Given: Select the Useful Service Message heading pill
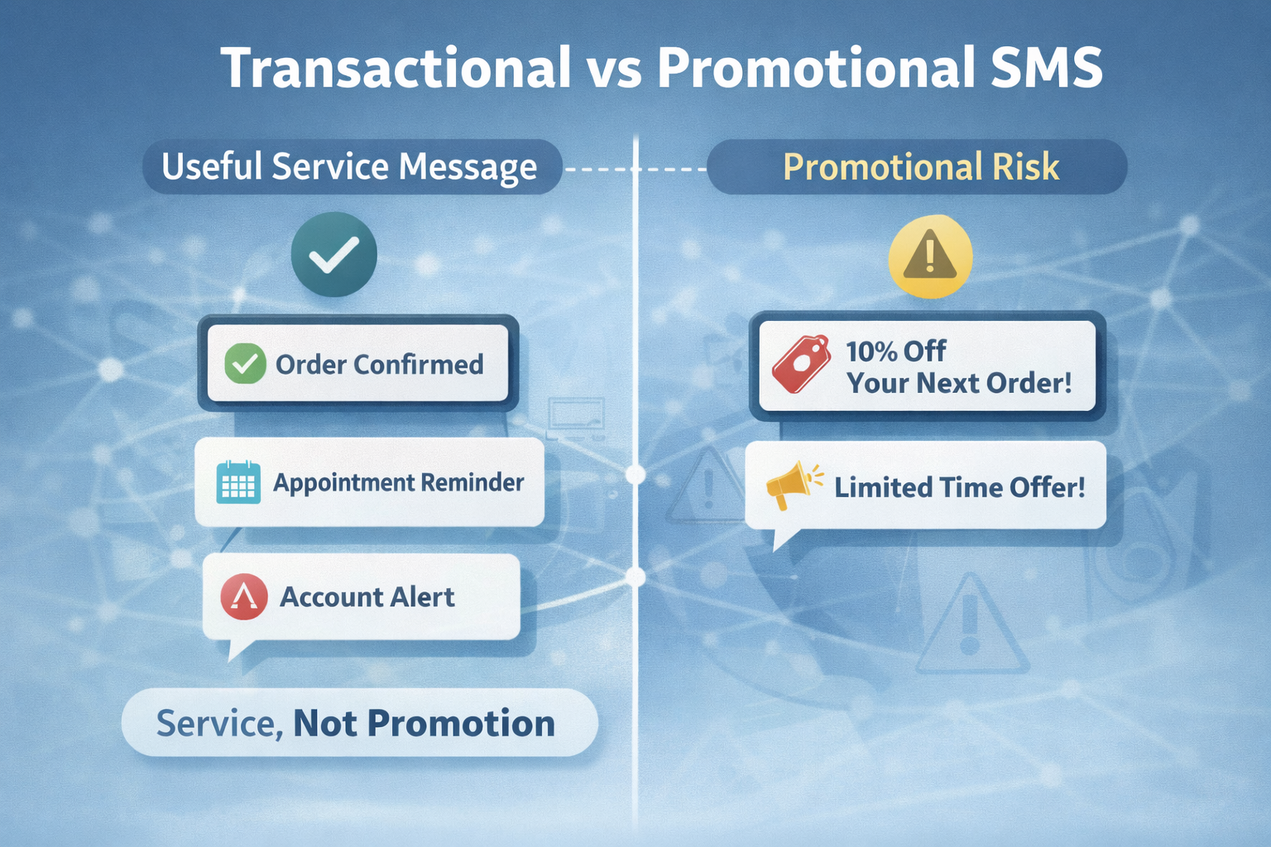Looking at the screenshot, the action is pos(352,167).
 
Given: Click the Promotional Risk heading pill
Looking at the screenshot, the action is pos(917,167).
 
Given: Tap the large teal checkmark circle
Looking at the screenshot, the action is pos(334,254).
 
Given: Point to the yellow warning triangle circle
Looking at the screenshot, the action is pos(930,256).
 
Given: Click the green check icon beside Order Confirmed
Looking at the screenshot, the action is pos(245,364).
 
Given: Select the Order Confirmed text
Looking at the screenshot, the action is pos(379,364).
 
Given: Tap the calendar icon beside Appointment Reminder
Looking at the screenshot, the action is pos(238,482).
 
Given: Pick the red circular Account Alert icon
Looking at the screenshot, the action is pos(244,597).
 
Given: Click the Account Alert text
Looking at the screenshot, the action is pos(367,597).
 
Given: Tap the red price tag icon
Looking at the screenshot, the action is pos(801,363).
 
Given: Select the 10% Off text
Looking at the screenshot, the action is pos(896,352).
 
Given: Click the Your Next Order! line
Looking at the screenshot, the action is pos(959,383).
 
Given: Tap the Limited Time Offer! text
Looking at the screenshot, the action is pos(960,487).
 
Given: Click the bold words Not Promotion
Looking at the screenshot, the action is pos(424,723).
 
